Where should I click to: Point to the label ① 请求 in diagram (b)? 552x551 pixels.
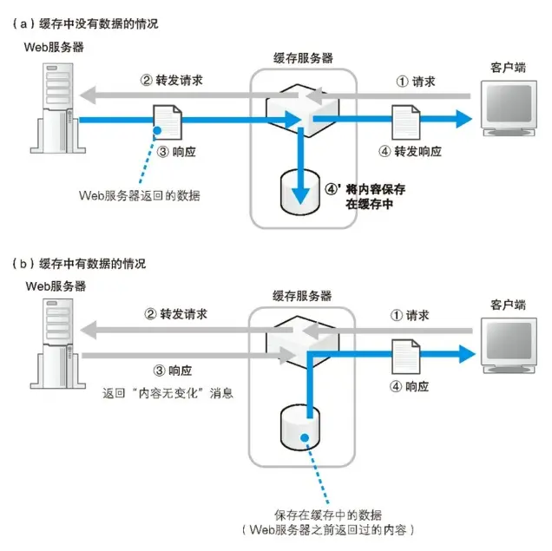pyautogui.click(x=415, y=316)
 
